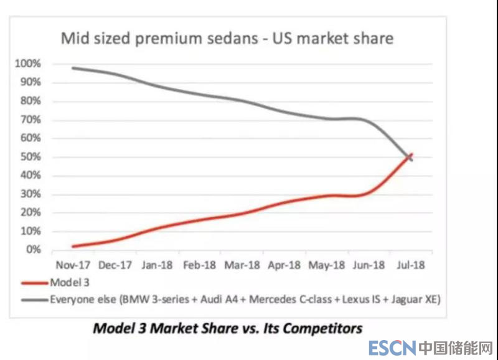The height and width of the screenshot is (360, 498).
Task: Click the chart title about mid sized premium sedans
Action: point(227,39)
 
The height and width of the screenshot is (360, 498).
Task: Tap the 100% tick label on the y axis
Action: point(29,64)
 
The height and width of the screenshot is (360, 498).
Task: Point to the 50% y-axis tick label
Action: point(31,157)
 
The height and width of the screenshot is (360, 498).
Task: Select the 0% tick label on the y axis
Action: point(33,250)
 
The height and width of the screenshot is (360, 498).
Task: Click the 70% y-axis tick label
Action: point(31,120)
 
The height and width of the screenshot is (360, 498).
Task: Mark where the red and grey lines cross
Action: point(408,156)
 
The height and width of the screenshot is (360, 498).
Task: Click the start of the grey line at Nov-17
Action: point(73,67)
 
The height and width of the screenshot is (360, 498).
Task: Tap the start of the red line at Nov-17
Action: point(73,247)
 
